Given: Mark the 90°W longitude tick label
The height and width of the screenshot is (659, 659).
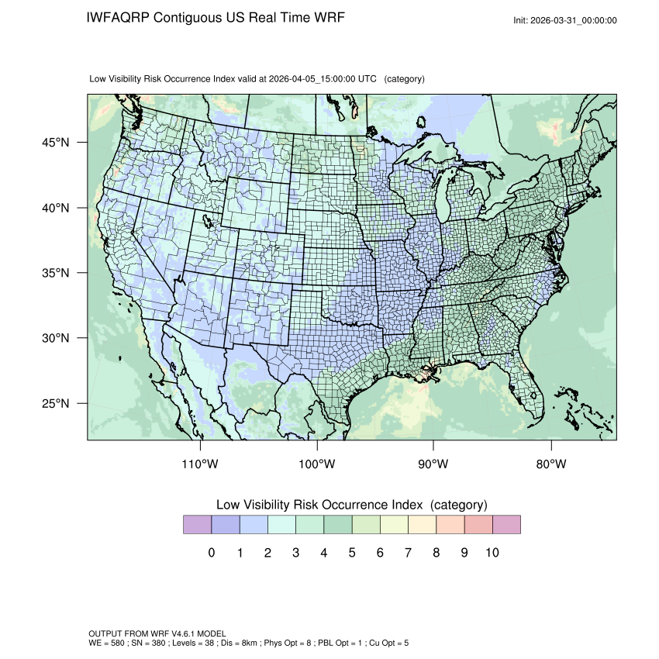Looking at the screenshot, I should tap(433, 464).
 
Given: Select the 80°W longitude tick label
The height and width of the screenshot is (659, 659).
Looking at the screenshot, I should tap(550, 464).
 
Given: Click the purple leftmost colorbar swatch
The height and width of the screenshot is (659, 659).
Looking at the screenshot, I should tap(197, 525).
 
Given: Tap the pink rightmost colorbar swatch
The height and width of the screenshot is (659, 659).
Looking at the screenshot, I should tap(506, 525).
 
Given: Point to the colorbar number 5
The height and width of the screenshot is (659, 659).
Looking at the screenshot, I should tap(352, 553).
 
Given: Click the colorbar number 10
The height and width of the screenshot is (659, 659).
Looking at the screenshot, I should tap(492, 553).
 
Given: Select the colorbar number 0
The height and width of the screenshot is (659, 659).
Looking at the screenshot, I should tap(211, 553).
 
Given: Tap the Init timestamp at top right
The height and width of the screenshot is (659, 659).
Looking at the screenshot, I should tap(565, 20).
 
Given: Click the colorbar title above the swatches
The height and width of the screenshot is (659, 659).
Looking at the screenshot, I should tap(351, 505).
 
